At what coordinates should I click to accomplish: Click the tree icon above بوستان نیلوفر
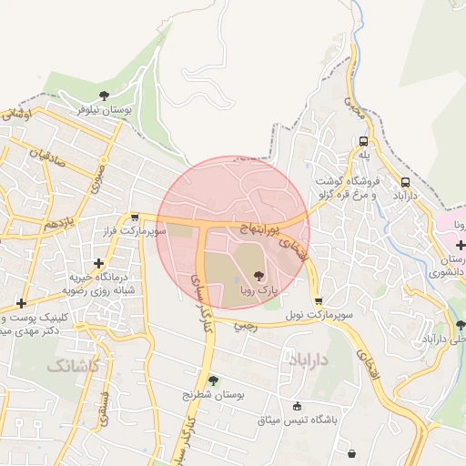coord(105,96)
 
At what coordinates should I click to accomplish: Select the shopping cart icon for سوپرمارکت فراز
coord(135,218)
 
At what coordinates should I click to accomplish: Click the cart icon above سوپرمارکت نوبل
coord(318,301)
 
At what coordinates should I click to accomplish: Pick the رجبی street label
coord(246,324)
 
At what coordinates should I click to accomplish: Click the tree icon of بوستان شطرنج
coord(214,380)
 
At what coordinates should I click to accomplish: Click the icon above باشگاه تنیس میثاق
coord(298,406)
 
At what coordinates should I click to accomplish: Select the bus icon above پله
coord(364,142)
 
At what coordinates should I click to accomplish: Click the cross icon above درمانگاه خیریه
coord(99,263)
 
